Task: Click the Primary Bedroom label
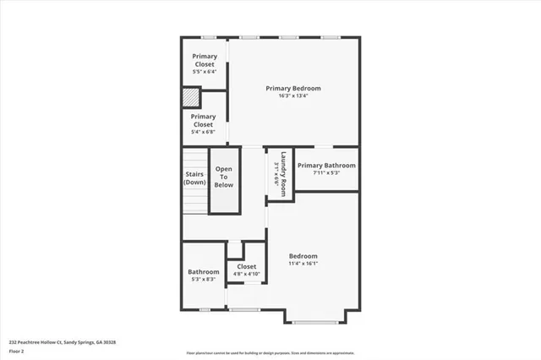tap(293, 88)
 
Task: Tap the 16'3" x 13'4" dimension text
tap(293, 95)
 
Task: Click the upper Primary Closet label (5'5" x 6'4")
tap(204, 60)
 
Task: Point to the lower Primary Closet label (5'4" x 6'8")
tap(203, 120)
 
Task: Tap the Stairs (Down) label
tap(195, 178)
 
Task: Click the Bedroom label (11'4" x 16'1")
tap(303, 256)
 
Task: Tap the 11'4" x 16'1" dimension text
tap(303, 264)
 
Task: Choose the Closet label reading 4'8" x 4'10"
tap(246, 266)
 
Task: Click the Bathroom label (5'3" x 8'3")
tap(204, 271)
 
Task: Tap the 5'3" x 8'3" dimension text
tap(204, 279)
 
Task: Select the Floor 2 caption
tap(17, 350)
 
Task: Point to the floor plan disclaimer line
tap(271, 352)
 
